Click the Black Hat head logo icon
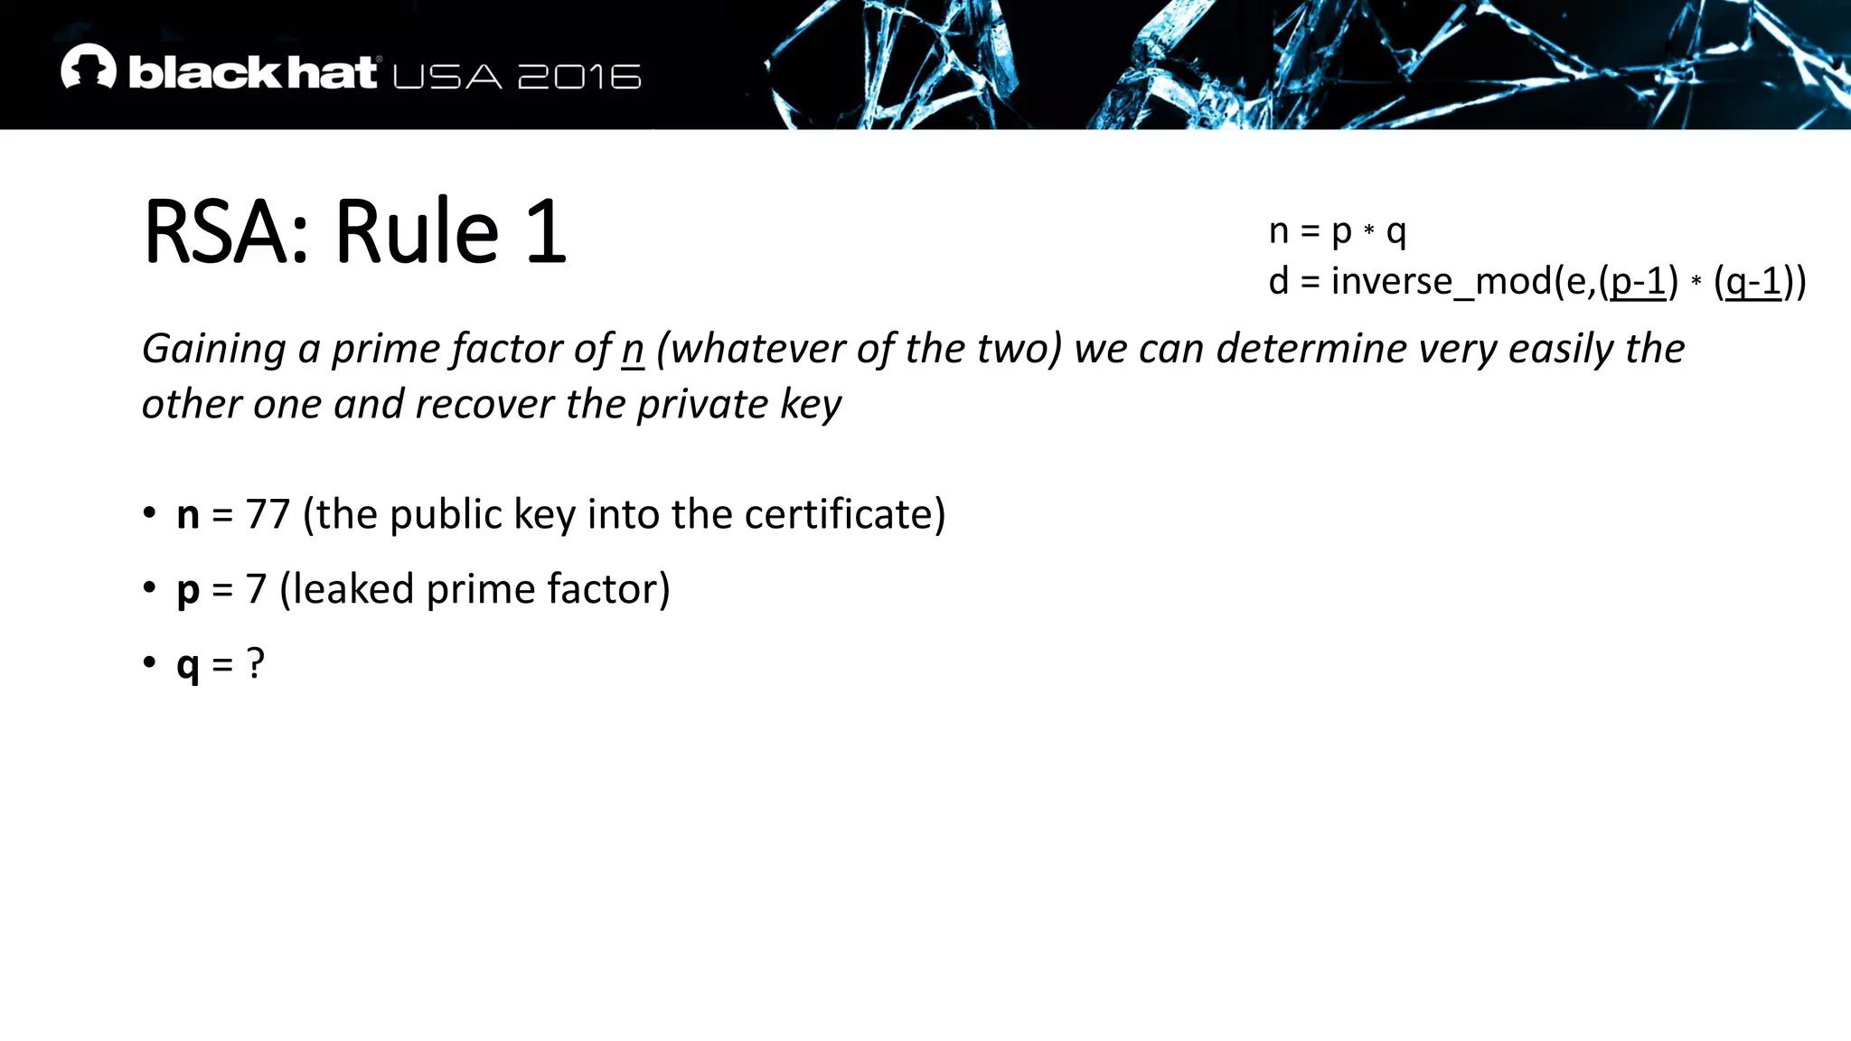pyautogui.click(x=89, y=67)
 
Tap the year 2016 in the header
pyautogui.click(x=579, y=77)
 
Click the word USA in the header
pyautogui.click(x=447, y=77)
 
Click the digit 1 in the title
pyautogui.click(x=545, y=232)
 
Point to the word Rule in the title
pyautogui.click(x=417, y=232)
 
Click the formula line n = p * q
pyautogui.click(x=1337, y=231)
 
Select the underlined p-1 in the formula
pyautogui.click(x=1638, y=282)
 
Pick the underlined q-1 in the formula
pyautogui.click(x=1753, y=282)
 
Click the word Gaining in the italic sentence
pyautogui.click(x=214, y=350)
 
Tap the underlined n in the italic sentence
pyautogui.click(x=633, y=350)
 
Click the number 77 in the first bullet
pyautogui.click(x=268, y=514)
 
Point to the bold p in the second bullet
pyautogui.click(x=188, y=590)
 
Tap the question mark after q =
pyautogui.click(x=256, y=664)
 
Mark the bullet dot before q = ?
pyautogui.click(x=150, y=662)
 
